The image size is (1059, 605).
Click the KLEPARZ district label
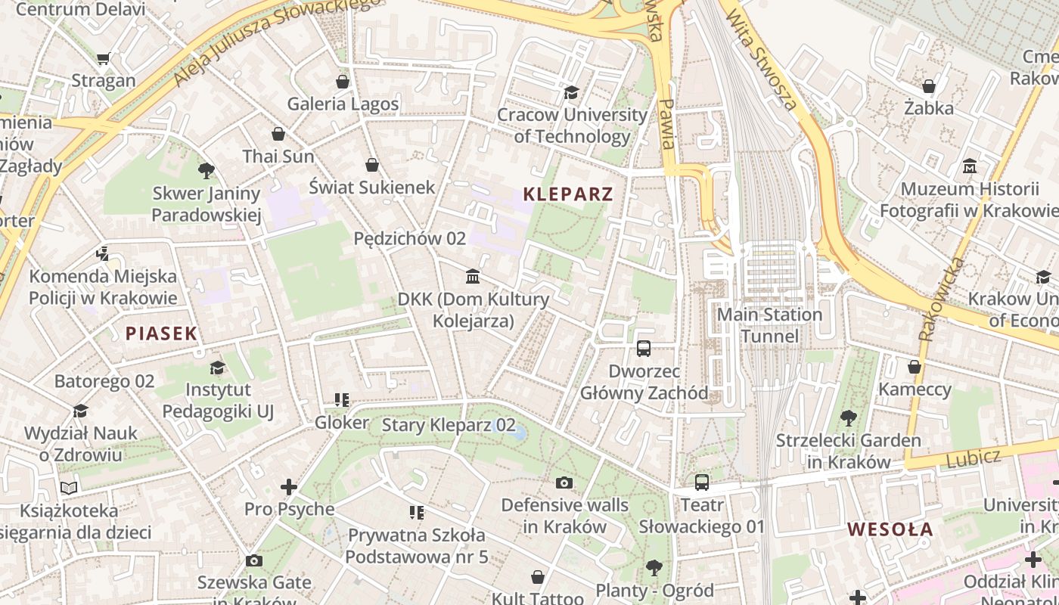point(567,194)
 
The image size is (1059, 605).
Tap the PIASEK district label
point(161,333)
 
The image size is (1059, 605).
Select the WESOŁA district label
point(890,529)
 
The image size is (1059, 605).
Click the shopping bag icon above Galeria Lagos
point(343,82)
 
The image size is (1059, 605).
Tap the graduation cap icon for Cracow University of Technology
point(571,92)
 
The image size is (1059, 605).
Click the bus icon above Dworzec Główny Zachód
point(644,348)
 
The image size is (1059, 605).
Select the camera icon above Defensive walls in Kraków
point(564,482)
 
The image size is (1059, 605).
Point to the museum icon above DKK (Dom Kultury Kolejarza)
point(473,276)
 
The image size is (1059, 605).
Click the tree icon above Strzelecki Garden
point(848,417)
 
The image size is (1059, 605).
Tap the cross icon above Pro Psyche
point(289,487)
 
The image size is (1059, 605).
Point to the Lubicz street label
point(973,458)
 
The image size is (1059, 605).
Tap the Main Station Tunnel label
point(769,325)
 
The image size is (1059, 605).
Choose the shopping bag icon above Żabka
point(928,86)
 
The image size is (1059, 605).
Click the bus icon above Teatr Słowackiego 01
point(702,482)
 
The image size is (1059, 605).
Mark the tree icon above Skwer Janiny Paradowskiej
point(206,171)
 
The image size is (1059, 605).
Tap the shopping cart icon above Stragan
point(104,58)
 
